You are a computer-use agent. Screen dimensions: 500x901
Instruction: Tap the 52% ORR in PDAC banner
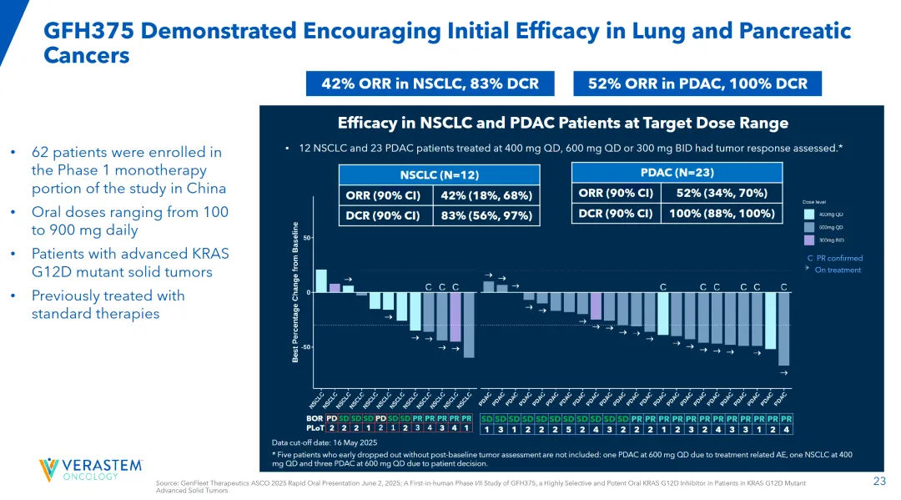[697, 83]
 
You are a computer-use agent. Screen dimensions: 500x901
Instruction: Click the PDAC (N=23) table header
[677, 172]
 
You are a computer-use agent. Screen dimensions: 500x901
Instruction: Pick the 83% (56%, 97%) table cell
[485, 215]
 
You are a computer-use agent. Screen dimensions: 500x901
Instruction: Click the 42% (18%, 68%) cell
[485, 195]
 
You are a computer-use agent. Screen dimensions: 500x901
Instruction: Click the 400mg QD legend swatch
[808, 214]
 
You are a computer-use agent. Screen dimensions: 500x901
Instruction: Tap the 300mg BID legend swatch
[808, 240]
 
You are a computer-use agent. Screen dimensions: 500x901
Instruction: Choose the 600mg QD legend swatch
[808, 227]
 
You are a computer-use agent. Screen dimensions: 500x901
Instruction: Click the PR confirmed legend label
[838, 258]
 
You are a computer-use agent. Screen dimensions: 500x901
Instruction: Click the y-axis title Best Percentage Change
[295, 292]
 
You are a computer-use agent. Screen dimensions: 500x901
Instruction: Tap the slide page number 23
[878, 481]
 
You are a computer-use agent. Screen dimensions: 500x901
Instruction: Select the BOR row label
[315, 417]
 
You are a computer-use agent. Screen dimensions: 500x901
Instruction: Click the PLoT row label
[315, 428]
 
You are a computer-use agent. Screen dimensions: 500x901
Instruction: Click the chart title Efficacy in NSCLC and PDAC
[562, 124]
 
